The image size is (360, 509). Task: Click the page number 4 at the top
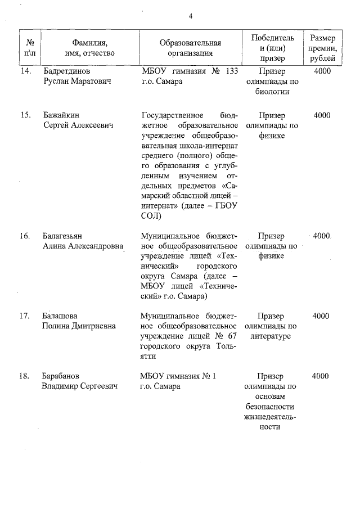pos(191,16)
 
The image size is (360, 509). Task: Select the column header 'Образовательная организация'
pos(190,48)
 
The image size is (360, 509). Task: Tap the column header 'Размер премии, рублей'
pos(323,48)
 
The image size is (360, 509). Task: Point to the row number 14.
pos(25,71)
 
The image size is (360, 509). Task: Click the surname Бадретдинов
pos(67,71)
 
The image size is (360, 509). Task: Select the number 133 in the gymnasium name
pos(231,71)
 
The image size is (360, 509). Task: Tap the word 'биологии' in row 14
pos(272,92)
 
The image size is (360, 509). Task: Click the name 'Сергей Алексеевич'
pos(78,125)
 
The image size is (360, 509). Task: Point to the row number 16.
pos(25,236)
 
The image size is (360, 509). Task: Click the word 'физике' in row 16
pos(272,256)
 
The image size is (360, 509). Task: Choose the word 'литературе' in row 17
pos(272,336)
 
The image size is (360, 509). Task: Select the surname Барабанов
pos(64,376)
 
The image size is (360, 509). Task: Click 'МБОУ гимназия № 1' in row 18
pos(178,376)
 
